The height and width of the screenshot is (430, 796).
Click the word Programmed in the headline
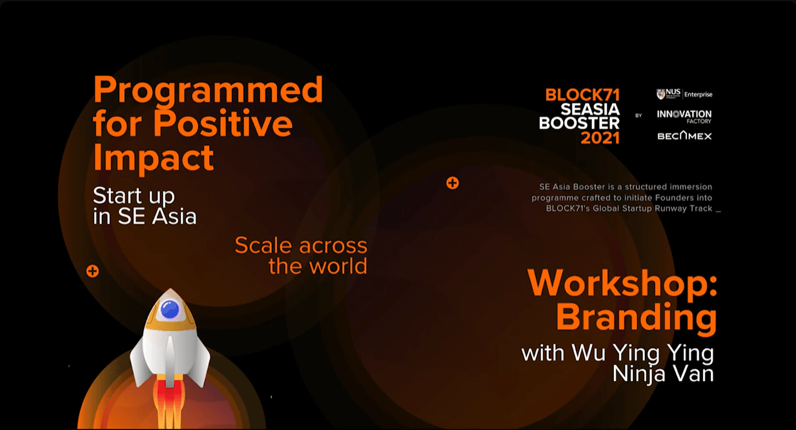pos(208,90)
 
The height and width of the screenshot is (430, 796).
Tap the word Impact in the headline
pos(153,157)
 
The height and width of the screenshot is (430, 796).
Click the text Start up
pos(134,195)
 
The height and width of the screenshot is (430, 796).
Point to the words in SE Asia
pos(145,217)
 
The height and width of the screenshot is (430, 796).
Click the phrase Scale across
pos(301,245)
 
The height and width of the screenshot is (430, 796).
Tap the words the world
pos(318,266)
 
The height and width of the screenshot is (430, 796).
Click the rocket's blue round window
pos(169,310)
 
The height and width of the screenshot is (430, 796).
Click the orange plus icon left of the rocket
pos(92,271)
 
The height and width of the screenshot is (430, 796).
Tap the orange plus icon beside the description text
pos(453,183)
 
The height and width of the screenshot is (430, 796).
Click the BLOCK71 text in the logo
pos(582,95)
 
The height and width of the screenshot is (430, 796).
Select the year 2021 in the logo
pos(600,138)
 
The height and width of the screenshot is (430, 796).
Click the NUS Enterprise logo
pos(684,94)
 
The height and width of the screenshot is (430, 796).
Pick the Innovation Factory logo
pos(684,115)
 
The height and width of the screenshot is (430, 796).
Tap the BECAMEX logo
pos(684,136)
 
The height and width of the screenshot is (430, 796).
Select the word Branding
pos(636,318)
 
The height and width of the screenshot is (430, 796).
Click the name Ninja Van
pos(662,374)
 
